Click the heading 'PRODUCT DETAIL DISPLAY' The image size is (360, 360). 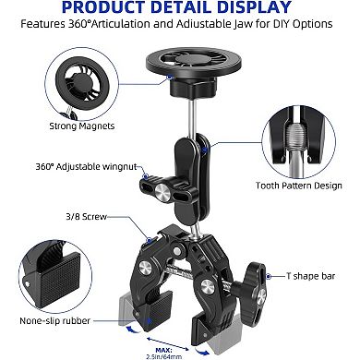180,11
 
